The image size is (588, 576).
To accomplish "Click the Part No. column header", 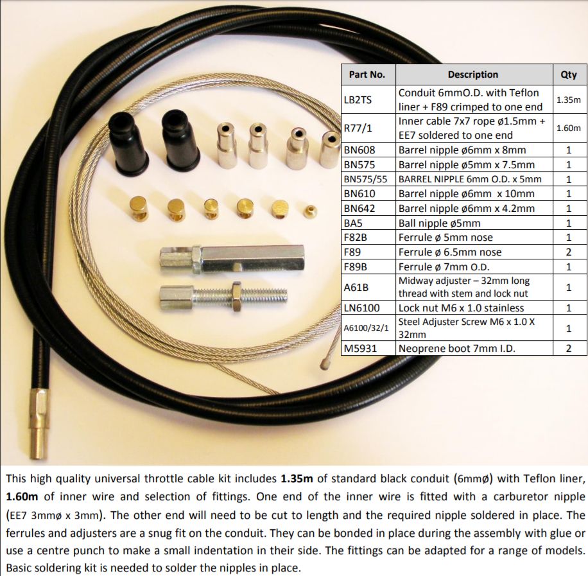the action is [368, 74].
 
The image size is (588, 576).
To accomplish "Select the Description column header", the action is [474, 74].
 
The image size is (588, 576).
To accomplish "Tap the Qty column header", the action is [569, 74].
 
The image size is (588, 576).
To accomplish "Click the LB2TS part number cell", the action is [368, 100].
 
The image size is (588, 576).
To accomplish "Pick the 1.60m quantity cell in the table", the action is [569, 128].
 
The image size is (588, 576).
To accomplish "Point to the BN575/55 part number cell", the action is [368, 179].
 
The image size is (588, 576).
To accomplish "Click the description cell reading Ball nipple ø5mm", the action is [474, 223].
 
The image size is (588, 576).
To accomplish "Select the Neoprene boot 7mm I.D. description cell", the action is [474, 348].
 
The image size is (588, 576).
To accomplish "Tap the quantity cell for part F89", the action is [569, 252].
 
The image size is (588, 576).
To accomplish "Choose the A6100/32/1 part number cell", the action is [368, 328].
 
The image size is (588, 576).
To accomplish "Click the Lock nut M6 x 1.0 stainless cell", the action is [474, 308].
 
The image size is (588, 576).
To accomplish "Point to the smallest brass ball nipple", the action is [310, 211].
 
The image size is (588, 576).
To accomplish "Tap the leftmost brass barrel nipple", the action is [138, 208].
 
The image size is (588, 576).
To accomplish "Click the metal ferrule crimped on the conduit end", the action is [39, 424].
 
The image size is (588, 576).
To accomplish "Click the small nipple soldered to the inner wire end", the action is [325, 362].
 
